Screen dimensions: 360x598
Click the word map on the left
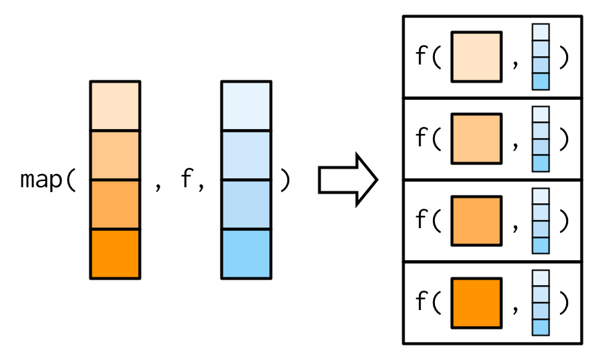coord(42,180)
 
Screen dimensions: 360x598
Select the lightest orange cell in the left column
coord(114,105)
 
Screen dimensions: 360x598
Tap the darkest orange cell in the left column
coord(114,254)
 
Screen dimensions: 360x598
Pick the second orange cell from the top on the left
coord(114,155)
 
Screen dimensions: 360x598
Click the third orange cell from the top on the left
coord(114,205)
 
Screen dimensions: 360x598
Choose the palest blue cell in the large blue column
coord(246,105)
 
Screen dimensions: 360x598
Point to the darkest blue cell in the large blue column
coord(246,254)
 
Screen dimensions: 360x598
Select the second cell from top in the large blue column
coord(246,155)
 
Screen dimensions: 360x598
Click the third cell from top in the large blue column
coord(246,205)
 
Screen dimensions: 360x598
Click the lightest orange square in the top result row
coord(476,57)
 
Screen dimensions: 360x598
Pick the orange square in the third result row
coord(476,221)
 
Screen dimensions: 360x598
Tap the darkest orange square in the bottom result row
coord(476,302)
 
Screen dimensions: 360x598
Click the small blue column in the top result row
coord(541,57)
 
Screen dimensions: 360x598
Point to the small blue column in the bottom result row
coord(541,302)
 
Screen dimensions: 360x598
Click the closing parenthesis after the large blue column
coord(284,180)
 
